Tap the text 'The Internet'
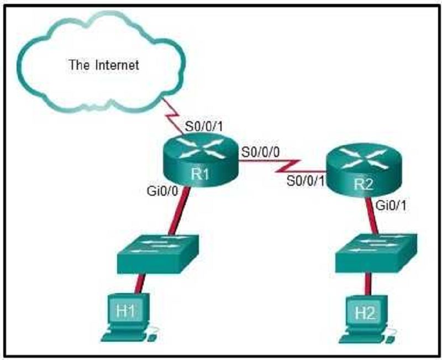[104, 65]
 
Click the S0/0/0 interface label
[260, 153]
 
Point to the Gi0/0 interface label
[162, 191]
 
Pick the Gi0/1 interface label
[391, 206]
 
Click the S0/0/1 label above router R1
[204, 127]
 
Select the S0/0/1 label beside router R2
[306, 181]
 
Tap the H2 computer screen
[365, 312]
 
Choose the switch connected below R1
[159, 253]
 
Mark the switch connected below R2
[376, 253]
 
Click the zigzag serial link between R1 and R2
[282, 166]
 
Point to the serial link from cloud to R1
[172, 116]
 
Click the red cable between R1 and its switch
[178, 210]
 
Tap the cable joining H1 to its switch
[140, 283]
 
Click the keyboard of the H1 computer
[123, 336]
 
